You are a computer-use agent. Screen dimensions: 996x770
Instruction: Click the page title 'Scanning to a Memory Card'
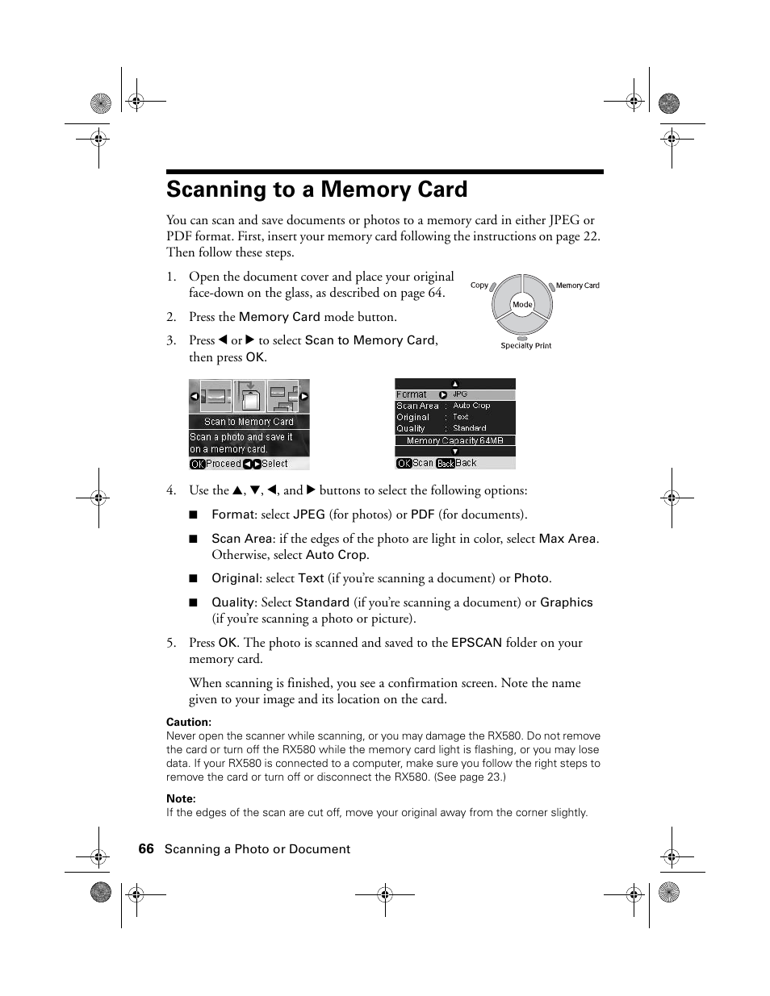316,190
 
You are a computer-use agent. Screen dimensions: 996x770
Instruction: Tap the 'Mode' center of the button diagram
522,305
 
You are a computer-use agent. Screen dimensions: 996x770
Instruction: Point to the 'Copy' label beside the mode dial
479,285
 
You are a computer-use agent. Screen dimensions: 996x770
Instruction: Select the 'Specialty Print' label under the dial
525,346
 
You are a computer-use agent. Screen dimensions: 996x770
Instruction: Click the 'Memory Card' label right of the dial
577,285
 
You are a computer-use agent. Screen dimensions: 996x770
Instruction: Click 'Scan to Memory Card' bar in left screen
249,422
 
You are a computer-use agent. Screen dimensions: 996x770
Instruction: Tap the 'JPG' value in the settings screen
460,394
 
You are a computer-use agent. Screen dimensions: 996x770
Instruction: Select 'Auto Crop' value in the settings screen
471,406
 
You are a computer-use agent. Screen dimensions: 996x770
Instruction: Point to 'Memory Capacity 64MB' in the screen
454,441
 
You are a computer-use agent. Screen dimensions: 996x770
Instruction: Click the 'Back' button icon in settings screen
446,464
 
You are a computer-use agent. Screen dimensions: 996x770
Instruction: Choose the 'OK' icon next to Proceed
197,464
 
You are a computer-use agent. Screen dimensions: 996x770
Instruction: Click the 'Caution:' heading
189,723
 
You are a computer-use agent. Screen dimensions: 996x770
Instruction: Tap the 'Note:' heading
181,799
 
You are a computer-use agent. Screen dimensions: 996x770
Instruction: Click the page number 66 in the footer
145,848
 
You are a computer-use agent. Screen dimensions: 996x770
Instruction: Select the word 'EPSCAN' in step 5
476,643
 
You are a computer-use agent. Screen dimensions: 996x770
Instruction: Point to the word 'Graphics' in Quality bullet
566,602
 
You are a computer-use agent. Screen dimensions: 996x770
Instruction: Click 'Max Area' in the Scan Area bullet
567,539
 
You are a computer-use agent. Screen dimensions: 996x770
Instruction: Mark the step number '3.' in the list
171,340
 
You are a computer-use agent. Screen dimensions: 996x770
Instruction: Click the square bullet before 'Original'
194,578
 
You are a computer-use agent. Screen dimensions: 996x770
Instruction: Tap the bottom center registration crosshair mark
385,894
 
